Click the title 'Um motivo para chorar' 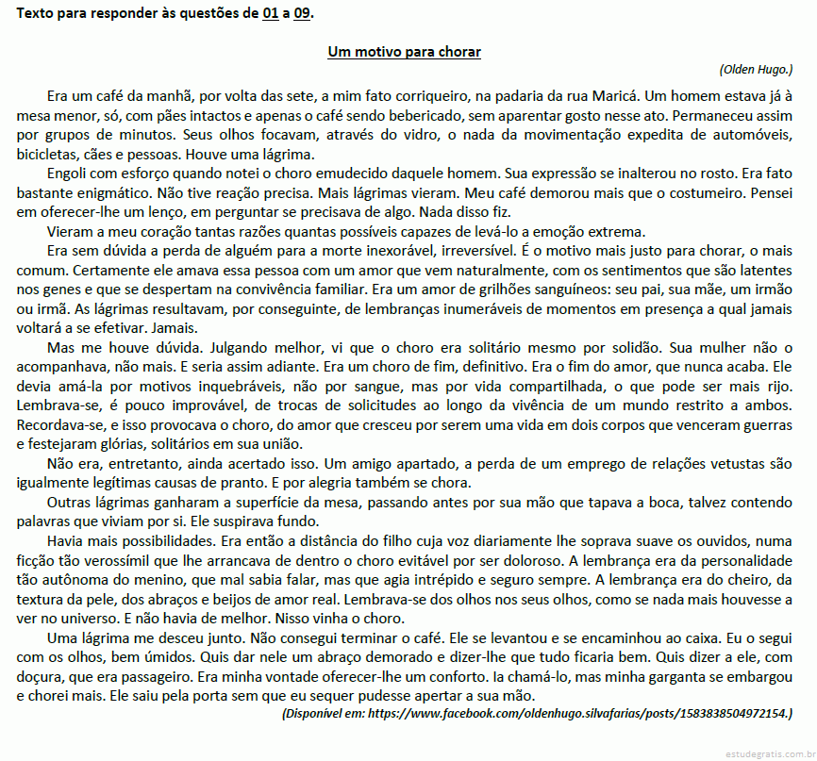(404, 51)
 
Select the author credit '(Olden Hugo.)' (755, 69)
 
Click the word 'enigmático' (103, 192)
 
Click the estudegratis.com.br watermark (770, 753)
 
